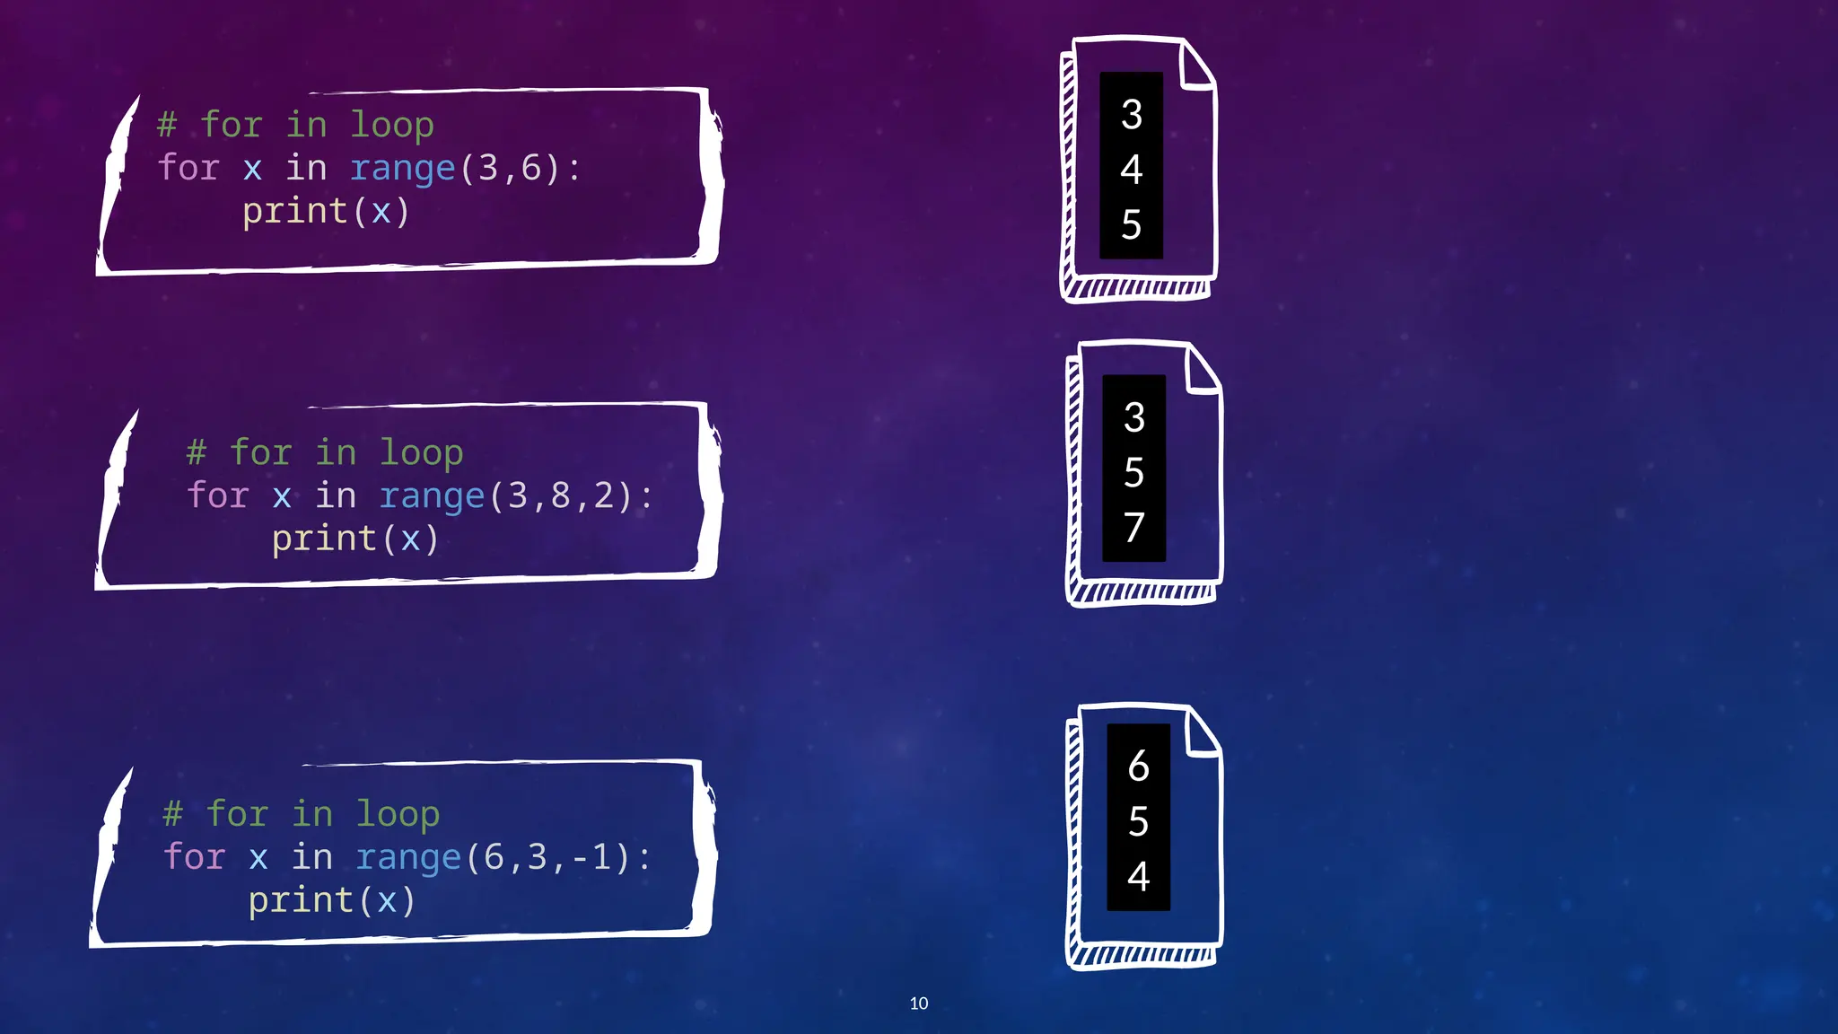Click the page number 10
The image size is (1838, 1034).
point(918,1003)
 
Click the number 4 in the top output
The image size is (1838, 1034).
point(1131,170)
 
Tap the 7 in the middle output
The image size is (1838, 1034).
point(1133,528)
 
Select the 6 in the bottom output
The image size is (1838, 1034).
point(1138,766)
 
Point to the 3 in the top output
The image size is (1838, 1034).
point(1131,115)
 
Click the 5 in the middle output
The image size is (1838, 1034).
point(1133,472)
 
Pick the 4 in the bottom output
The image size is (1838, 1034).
point(1138,876)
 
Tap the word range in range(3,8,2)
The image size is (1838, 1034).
point(431,495)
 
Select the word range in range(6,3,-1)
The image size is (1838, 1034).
point(407,857)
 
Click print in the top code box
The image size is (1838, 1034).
point(294,212)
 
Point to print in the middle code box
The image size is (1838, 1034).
point(324,539)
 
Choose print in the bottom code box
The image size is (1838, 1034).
point(301,900)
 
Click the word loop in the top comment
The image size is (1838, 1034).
point(391,125)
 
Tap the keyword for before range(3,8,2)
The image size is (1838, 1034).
point(217,495)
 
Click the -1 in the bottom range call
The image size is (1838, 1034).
point(592,857)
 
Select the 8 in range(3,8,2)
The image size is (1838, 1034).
point(561,495)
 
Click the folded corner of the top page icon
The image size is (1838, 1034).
point(1197,68)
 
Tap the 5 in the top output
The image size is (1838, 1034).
point(1131,224)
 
